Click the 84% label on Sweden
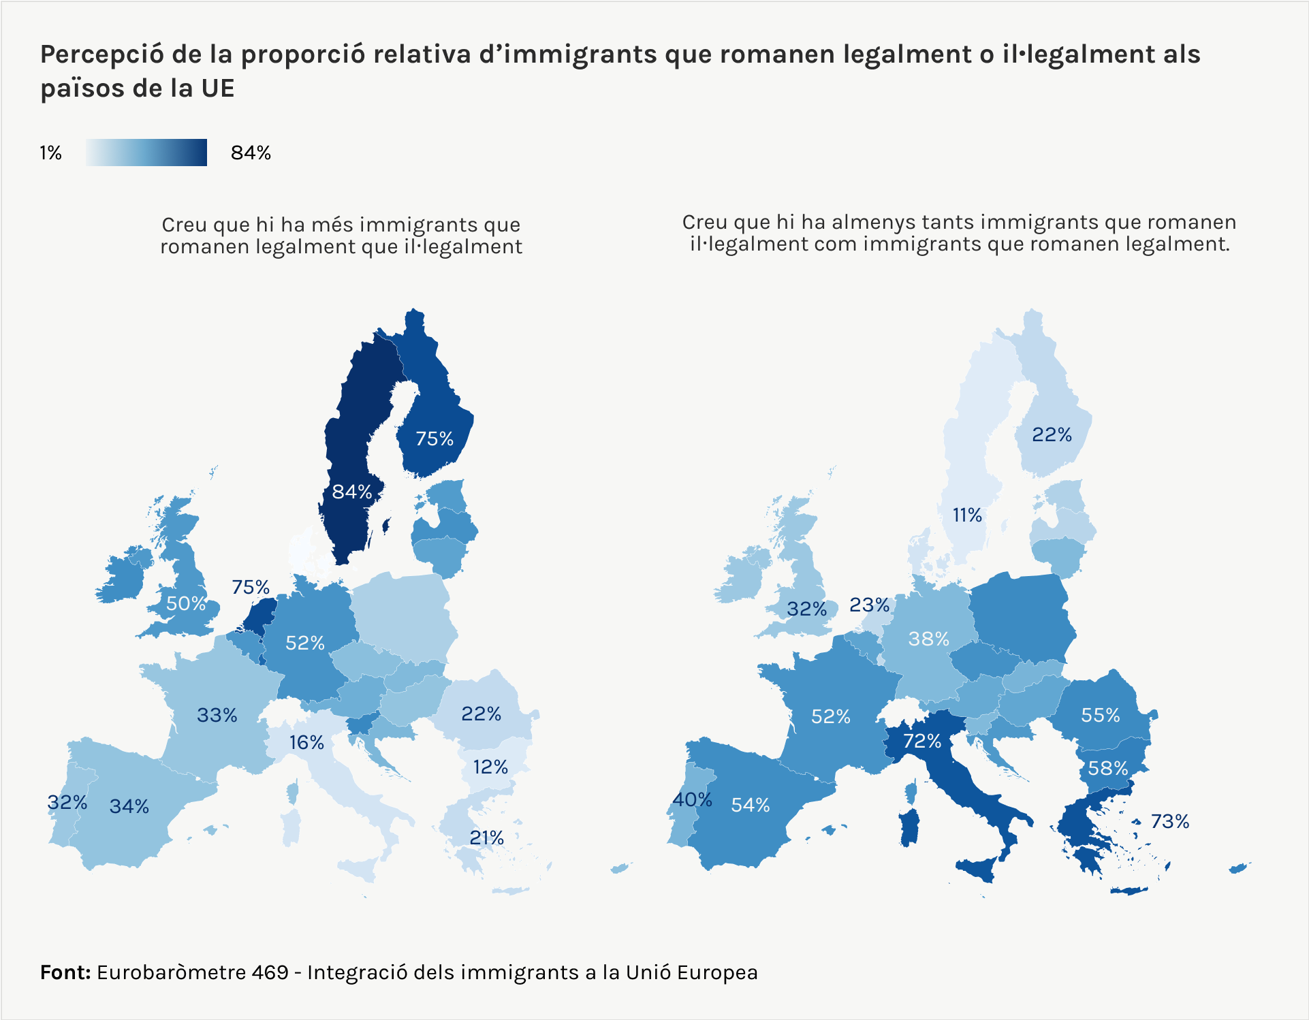coord(351,492)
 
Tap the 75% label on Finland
coord(435,439)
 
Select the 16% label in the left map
coord(306,742)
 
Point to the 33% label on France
coord(217,715)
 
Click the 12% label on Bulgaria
coord(490,767)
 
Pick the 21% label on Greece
coord(486,838)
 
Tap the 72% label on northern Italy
coord(922,741)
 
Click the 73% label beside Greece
coord(1169,822)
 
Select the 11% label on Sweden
coord(967,515)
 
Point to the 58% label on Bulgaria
coord(1108,769)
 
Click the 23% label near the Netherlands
coord(869,605)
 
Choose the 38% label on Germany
coord(928,639)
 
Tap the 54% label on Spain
coord(750,806)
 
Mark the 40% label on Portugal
coord(692,799)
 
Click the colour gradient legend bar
coord(146,153)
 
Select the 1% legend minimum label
coord(50,153)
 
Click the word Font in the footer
coord(65,972)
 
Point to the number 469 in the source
coord(270,972)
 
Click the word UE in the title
coord(217,89)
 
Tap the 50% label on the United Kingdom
coord(186,603)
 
